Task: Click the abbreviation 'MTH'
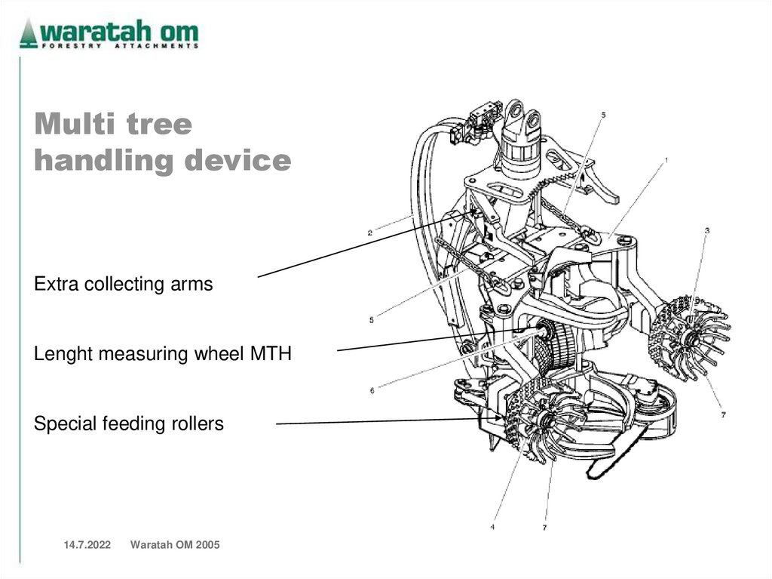point(271,353)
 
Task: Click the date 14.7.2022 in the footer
point(87,545)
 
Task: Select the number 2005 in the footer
point(207,545)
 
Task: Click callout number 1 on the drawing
point(666,160)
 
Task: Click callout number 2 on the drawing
point(369,233)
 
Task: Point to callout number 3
point(707,230)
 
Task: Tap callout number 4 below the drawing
point(492,527)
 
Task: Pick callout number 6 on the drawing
point(372,390)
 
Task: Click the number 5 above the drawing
point(604,115)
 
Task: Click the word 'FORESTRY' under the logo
point(72,46)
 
